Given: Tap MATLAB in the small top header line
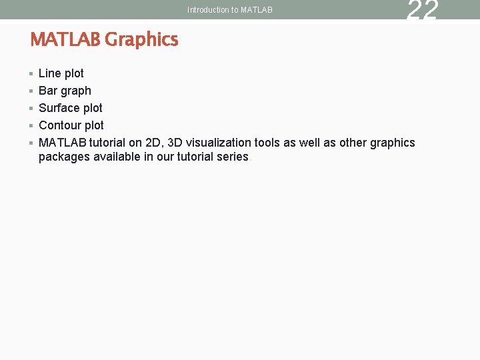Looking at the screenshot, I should pos(256,10).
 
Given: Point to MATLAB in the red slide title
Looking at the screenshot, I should pos(65,40).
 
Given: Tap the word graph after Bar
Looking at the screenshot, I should pos(76,91).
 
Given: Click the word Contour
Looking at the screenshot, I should pos(61,125).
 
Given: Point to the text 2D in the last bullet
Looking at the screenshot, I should pos(153,143).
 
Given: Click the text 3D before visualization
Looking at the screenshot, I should pos(176,143).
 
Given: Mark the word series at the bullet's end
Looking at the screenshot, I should pos(234,157).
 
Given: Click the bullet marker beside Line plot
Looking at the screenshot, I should pos(31,73).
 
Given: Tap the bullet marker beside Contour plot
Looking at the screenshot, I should pos(31,125).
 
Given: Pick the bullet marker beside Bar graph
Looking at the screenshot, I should pos(31,91).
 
